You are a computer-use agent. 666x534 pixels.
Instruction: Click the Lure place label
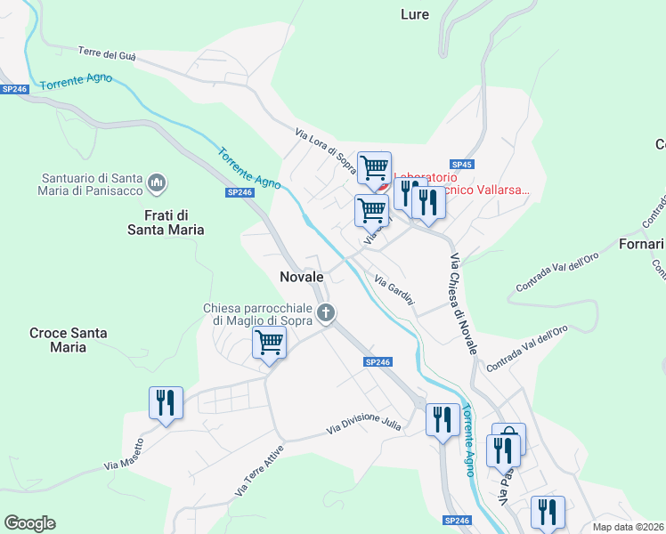click(x=414, y=14)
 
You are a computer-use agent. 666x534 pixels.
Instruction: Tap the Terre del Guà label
click(x=107, y=54)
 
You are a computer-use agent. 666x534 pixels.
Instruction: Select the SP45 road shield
click(x=461, y=165)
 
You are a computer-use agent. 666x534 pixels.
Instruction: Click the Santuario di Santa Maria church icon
click(x=158, y=183)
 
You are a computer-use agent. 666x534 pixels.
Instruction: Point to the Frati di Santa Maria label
click(x=174, y=222)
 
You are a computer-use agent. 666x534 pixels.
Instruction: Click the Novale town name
click(x=301, y=277)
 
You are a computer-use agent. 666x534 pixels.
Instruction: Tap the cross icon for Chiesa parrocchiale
click(x=327, y=312)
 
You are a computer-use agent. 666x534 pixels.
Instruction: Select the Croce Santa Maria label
click(x=69, y=340)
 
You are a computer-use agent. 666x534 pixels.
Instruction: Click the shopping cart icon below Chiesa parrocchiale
click(x=269, y=342)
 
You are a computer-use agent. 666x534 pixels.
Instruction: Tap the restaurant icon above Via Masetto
click(x=166, y=402)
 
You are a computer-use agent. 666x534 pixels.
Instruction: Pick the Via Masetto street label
click(x=124, y=454)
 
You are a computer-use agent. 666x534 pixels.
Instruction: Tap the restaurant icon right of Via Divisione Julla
click(x=443, y=419)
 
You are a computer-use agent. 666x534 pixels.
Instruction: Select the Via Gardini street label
click(x=394, y=291)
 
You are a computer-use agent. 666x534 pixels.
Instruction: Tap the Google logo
click(x=29, y=523)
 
